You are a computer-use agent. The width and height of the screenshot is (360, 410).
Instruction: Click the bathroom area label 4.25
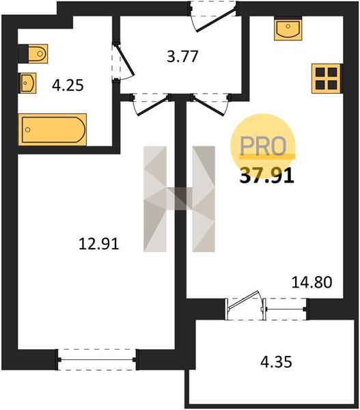click(68, 85)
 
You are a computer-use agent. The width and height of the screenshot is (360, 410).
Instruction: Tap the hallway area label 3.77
click(182, 57)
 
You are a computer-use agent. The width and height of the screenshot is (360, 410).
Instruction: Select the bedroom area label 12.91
click(99, 244)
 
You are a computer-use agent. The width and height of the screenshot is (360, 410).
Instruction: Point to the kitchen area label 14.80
click(312, 282)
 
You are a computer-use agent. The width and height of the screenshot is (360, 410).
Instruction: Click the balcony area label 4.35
click(277, 362)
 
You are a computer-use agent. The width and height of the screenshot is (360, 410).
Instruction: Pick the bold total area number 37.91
click(267, 176)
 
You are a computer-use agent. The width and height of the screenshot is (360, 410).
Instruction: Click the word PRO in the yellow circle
click(263, 146)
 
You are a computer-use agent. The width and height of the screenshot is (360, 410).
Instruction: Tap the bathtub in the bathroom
click(53, 129)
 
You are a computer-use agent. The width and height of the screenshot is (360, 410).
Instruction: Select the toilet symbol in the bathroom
click(38, 53)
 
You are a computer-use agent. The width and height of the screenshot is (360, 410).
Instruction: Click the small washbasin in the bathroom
click(27, 83)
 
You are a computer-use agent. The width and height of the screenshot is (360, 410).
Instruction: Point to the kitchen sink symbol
click(288, 29)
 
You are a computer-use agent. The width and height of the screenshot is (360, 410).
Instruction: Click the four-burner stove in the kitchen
click(327, 79)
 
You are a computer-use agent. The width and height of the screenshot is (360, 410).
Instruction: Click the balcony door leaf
click(244, 300)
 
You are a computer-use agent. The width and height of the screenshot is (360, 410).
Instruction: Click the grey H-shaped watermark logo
click(179, 199)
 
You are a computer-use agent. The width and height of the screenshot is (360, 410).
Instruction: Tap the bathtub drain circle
click(28, 130)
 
